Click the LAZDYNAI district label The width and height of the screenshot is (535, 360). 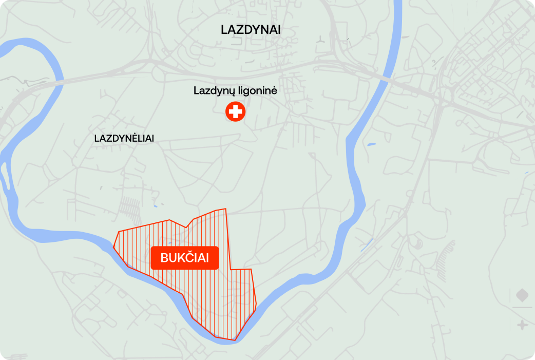[251, 30]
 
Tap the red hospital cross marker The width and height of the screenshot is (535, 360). [236, 111]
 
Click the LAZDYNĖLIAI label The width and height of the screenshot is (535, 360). [124, 139]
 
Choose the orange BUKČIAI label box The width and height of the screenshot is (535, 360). [185, 258]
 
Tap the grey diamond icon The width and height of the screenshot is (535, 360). [522, 296]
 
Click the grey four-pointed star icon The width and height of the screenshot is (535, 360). [522, 325]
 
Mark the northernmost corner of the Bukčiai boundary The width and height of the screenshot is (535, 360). [225, 209]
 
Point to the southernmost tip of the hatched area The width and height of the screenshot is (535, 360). [235, 340]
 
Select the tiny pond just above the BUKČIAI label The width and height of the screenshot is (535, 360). [169, 239]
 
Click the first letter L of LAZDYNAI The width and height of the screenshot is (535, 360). [224, 30]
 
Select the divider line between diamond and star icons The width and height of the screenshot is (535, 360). [522, 310]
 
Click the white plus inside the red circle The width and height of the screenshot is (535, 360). [236, 111]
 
